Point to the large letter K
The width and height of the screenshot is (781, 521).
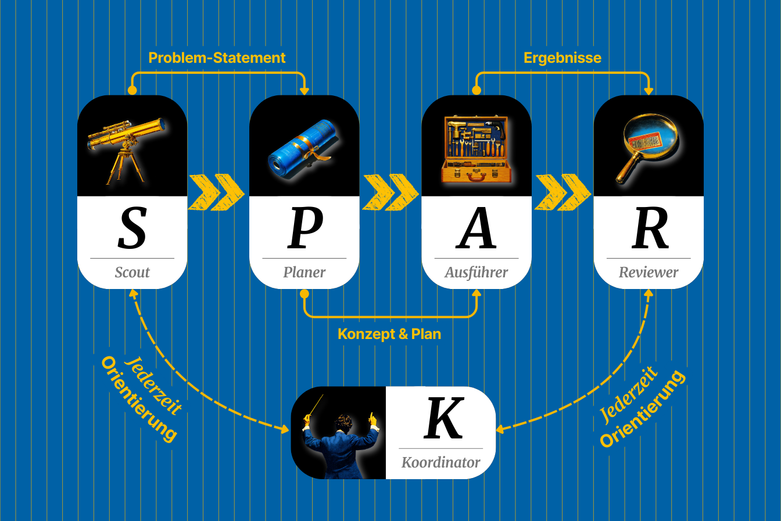[x=444, y=418]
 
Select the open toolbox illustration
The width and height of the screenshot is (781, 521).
[x=477, y=148]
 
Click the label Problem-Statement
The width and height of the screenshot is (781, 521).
[x=217, y=58]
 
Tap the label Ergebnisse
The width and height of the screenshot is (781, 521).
[x=563, y=58]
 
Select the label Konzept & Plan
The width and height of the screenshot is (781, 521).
[x=389, y=334]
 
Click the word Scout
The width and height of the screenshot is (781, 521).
[x=132, y=272]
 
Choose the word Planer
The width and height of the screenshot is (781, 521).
[x=304, y=272]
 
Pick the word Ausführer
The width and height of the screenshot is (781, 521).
[x=477, y=272]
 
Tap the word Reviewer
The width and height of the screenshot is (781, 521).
[x=649, y=272]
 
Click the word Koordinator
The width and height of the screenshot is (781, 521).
[x=441, y=463]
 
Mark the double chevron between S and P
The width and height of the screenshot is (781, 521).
[x=217, y=192]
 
